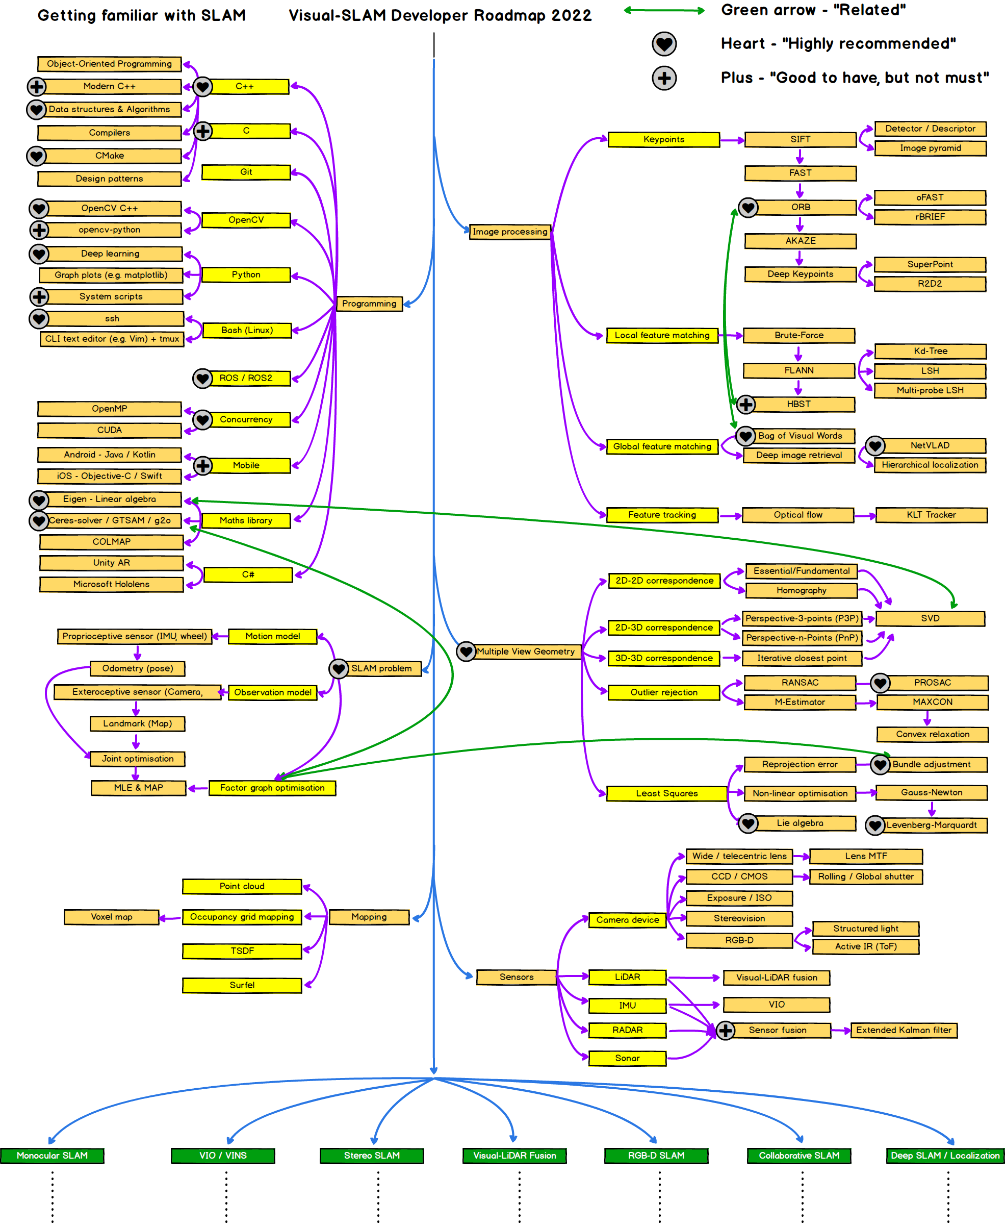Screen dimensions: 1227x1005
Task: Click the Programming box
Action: coord(369,304)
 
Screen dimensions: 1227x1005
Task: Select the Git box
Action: coord(246,172)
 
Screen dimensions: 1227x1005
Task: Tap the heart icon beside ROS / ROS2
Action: coord(202,378)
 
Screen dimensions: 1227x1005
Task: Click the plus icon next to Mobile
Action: coord(202,465)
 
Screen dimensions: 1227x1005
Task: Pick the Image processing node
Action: coord(509,232)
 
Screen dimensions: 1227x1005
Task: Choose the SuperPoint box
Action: coord(930,264)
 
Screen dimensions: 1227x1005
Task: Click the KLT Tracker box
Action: coord(931,514)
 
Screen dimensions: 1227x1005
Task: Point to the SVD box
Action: coord(930,618)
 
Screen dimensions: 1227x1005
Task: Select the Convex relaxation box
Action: coord(932,734)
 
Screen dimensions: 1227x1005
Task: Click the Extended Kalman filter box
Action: coord(903,1030)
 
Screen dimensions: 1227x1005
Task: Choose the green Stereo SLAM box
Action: coord(372,1155)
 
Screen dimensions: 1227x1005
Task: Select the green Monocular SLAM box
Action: coord(52,1155)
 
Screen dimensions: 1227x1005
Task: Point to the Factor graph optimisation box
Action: coord(272,788)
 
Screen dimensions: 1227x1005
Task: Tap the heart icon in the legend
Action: coord(664,43)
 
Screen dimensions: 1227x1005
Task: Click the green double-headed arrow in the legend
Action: coord(664,10)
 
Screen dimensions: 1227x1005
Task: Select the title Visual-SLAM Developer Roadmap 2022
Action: coord(440,16)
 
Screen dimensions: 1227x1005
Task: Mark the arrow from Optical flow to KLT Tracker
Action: coord(865,515)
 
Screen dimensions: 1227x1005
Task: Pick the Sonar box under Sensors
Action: coord(627,1058)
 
